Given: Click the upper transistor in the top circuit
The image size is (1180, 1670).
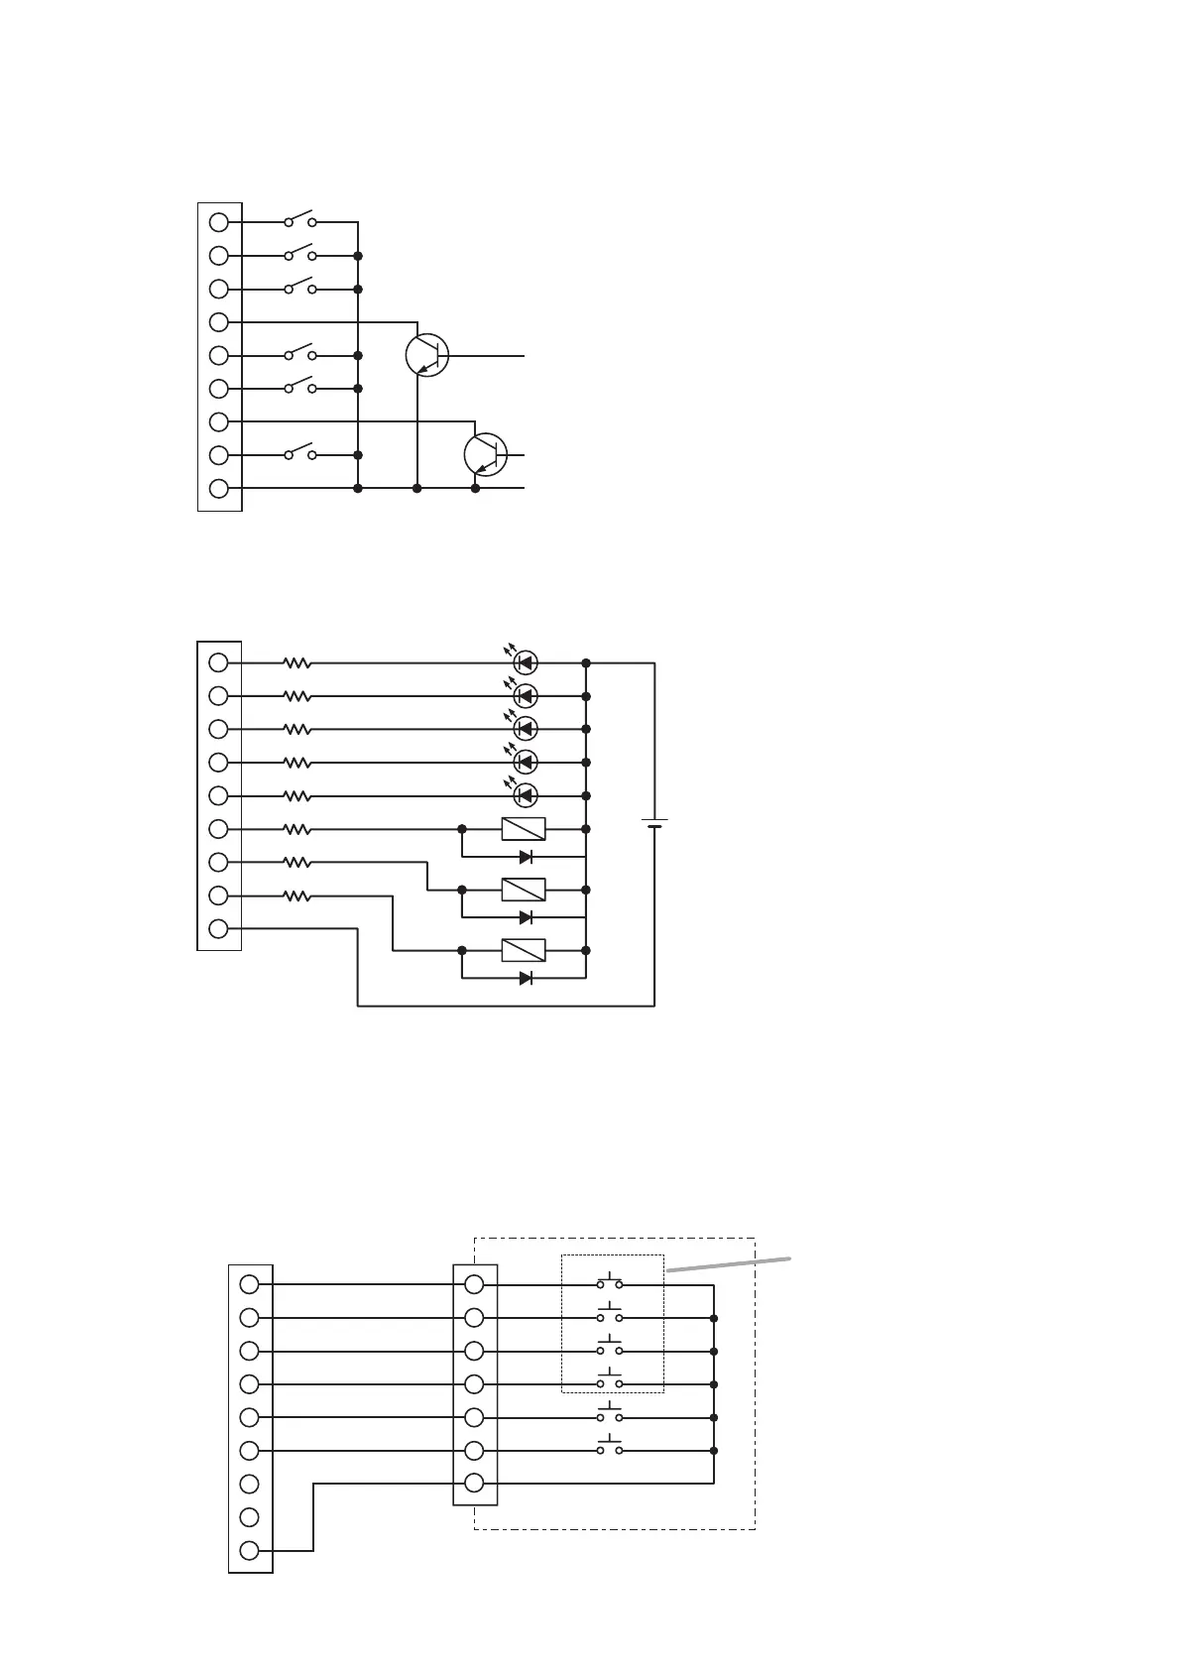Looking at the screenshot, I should pos(427,355).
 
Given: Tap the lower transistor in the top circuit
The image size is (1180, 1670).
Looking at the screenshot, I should pos(486,454).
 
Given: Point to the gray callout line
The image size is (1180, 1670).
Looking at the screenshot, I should pos(729,1263).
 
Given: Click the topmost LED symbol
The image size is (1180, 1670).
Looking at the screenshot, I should pos(526,662).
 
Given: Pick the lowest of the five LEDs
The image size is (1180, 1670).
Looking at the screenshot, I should pos(526,795).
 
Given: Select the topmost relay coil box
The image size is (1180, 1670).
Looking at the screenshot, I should pos(524,829).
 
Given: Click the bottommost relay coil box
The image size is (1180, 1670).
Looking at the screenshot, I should pos(524,950).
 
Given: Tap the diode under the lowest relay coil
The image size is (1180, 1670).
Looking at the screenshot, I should pos(526,979).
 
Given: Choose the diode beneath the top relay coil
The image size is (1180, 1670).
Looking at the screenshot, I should pos(526,857).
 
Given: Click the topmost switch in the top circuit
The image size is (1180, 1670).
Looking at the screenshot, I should pos(299,219).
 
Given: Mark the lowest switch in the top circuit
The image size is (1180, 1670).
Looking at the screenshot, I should pos(299,452).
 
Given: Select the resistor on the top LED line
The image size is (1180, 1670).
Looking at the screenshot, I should pos(297,662).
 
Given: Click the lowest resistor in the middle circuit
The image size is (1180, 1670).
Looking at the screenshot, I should pos(297,896).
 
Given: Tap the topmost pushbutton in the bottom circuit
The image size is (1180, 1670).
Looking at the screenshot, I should pos(610,1281).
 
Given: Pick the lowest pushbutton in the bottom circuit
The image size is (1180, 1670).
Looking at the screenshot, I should pos(610,1448).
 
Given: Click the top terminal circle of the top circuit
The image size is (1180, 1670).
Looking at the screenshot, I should pos(219,222).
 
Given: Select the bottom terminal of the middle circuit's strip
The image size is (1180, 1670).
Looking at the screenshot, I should pos(219,929).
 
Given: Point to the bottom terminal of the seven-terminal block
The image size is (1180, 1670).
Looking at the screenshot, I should pos(475,1484).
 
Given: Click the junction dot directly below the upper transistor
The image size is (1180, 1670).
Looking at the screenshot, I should pos(417,489).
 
